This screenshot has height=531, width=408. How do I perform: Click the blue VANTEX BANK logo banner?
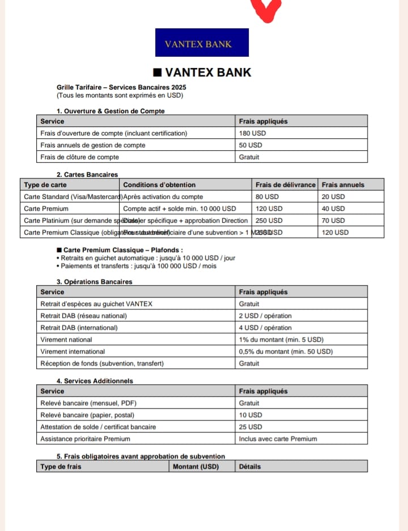202,43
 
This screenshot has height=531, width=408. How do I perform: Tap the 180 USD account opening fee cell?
252,133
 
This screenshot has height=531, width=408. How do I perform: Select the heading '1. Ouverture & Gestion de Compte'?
110,111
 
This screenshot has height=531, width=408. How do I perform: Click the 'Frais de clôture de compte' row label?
80,157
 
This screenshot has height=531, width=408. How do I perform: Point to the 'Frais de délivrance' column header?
285,185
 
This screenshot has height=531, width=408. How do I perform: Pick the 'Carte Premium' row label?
46,209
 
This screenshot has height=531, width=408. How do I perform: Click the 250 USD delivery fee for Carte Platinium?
269,220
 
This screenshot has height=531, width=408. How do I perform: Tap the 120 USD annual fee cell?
335,232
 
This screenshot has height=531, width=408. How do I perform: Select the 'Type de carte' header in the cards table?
45,185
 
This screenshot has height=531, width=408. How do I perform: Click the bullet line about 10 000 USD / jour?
148,258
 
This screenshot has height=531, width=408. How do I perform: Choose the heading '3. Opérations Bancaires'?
94,282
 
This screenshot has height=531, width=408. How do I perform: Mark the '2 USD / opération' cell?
265,316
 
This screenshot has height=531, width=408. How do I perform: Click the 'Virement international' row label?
73,351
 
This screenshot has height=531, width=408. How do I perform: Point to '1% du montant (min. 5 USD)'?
281,339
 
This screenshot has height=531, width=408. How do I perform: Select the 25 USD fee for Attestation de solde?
250,427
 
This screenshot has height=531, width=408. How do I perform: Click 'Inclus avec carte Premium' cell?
278,439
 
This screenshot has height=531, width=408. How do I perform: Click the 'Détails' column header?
250,466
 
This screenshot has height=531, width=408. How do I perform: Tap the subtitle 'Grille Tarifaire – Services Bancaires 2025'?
121,87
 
